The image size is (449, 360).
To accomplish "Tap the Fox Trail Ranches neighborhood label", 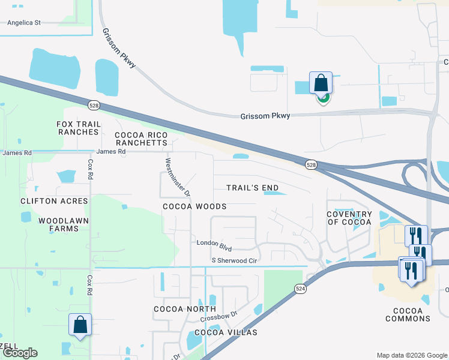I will (x=77, y=128).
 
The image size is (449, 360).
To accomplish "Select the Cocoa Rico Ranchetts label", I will (x=140, y=139).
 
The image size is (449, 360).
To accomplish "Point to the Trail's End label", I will (x=252, y=188).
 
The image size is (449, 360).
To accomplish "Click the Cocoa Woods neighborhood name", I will (x=194, y=206).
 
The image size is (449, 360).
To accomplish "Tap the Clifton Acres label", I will (x=54, y=201).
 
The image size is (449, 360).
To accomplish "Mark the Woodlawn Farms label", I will (x=59, y=224).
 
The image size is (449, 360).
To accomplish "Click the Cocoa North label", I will (x=176, y=309).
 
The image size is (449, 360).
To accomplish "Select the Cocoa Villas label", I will (x=226, y=332).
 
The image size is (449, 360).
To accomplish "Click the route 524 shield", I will (x=301, y=289).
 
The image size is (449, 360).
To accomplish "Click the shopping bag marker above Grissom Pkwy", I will (x=321, y=83).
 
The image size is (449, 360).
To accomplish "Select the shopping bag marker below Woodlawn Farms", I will (x=80, y=325).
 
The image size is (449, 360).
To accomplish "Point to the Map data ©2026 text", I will (x=411, y=355).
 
